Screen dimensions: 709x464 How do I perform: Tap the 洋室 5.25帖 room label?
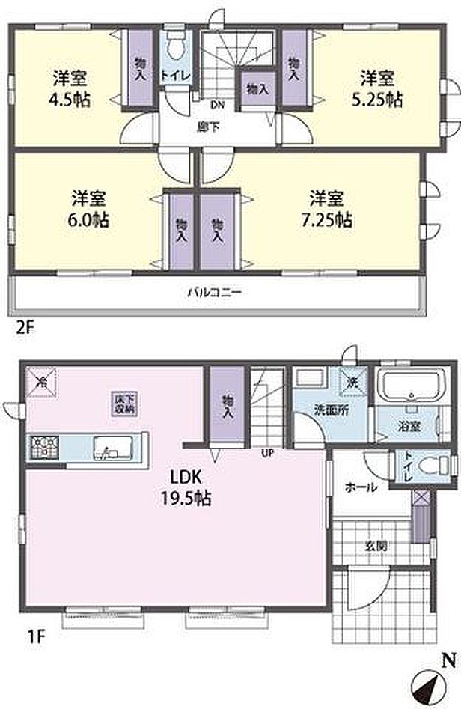coord(380,88)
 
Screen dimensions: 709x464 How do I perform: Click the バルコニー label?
coord(214,293)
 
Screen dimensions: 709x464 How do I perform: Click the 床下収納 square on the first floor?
coord(124,404)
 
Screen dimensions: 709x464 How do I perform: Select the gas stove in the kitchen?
coord(43,448)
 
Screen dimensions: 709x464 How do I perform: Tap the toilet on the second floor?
coord(175,47)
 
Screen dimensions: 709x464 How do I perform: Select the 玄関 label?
coord(376,546)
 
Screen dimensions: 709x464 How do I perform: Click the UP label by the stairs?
coord(266,452)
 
